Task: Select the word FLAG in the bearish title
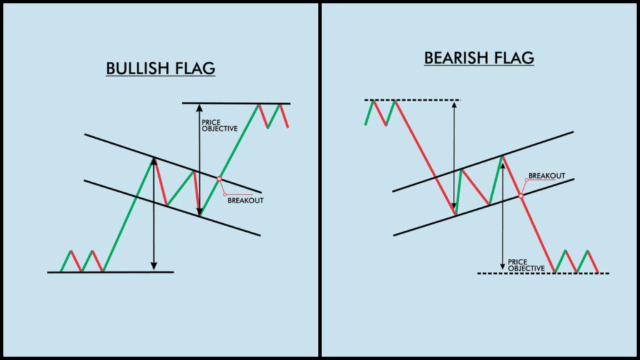[515, 58]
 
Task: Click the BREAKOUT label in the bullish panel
[245, 201]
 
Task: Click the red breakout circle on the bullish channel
[219, 179]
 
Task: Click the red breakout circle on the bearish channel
[521, 196]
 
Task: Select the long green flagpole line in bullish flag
[128, 216]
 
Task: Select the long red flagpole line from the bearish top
[425, 156]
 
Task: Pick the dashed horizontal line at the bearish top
[412, 100]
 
